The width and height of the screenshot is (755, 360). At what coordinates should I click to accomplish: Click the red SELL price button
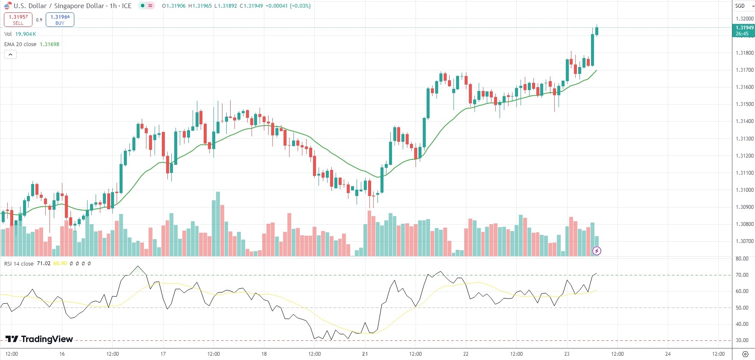click(x=18, y=20)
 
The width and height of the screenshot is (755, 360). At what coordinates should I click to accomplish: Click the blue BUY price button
click(x=60, y=20)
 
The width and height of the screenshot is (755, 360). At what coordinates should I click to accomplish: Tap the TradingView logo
click(x=39, y=339)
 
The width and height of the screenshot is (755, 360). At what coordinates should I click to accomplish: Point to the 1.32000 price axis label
click(x=744, y=19)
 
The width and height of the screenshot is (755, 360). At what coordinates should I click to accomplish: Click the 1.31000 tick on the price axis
click(x=744, y=190)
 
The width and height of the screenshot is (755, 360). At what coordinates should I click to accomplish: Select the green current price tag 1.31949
click(x=743, y=30)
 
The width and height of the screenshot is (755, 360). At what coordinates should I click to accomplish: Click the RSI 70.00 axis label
click(x=742, y=275)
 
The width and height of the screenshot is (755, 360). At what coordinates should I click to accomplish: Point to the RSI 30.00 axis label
click(x=742, y=340)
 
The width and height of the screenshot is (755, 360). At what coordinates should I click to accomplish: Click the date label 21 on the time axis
click(x=365, y=354)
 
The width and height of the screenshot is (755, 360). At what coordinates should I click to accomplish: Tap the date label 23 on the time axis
click(x=567, y=354)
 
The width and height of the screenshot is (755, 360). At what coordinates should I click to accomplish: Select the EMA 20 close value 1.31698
click(x=50, y=44)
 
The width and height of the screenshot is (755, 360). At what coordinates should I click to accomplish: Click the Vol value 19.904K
click(x=26, y=34)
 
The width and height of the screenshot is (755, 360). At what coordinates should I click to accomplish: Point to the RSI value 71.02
click(x=44, y=263)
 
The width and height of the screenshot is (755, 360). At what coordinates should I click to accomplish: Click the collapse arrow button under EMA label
click(x=10, y=55)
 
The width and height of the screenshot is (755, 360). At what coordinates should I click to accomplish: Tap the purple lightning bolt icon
click(x=597, y=251)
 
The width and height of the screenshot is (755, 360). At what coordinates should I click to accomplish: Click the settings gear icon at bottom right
click(x=745, y=354)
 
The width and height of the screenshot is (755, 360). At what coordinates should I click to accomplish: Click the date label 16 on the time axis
click(x=62, y=354)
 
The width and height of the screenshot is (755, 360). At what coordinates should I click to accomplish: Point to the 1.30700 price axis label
click(x=744, y=241)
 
